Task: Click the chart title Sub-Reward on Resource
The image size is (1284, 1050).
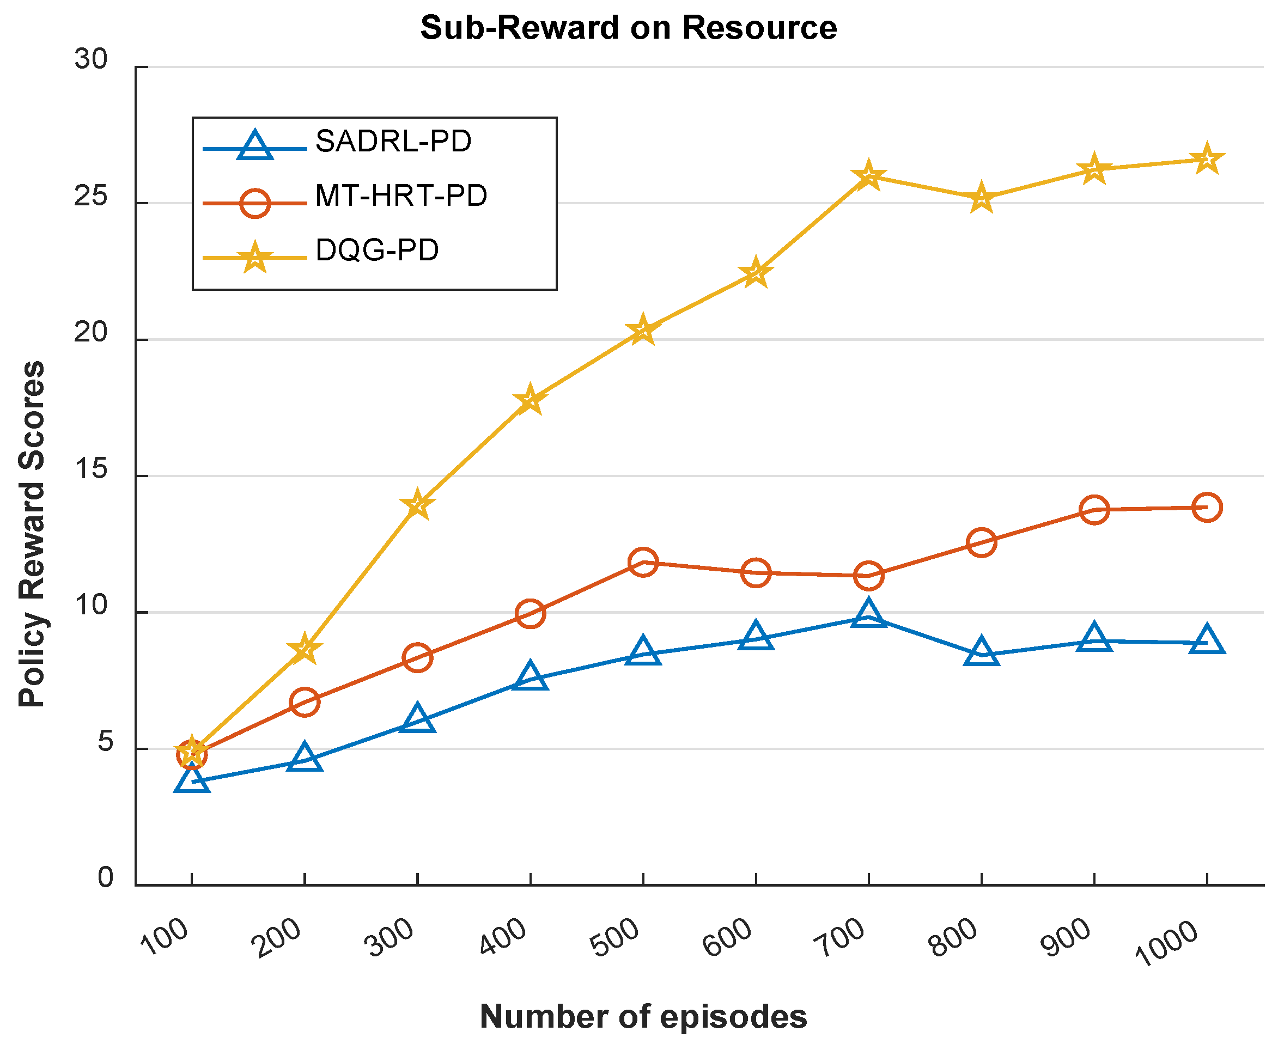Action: (628, 28)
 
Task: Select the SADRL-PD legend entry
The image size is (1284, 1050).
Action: (393, 142)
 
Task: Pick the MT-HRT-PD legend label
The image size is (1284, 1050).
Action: (400, 196)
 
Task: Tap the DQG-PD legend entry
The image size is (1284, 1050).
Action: (376, 251)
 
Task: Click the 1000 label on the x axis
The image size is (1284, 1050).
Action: (1167, 944)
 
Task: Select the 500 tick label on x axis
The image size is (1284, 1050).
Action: (616, 937)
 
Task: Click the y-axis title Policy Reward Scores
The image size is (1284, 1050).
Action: (32, 534)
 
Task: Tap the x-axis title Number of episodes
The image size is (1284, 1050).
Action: (643, 1016)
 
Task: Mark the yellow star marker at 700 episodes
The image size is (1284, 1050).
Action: (868, 176)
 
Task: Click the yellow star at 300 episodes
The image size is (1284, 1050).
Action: (417, 504)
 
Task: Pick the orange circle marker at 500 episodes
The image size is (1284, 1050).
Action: (643, 563)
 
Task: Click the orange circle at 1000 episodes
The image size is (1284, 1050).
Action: (1207, 507)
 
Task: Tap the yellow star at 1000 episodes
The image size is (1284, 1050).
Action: (1207, 160)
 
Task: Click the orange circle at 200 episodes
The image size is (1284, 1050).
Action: (305, 701)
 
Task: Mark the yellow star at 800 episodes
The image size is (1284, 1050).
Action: (981, 198)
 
